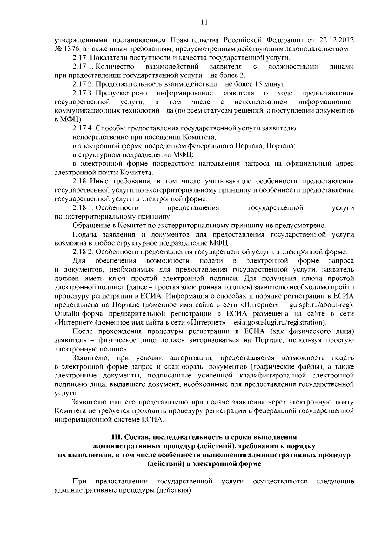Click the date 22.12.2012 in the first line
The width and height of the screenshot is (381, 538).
336,40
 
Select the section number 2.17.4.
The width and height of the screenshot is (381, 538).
83,129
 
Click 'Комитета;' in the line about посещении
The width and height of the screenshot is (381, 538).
200,137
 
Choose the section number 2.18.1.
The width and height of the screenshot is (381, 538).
83,208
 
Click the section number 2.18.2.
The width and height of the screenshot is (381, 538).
83,252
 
